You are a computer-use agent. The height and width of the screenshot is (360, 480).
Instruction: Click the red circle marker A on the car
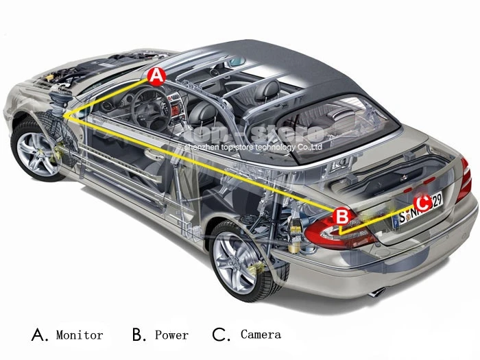coord(156,76)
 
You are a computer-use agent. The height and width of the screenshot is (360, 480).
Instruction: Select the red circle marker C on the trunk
coord(422,202)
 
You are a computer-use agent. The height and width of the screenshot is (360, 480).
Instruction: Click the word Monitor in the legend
coord(80,335)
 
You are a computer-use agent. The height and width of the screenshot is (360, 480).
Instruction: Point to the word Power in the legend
coord(171,335)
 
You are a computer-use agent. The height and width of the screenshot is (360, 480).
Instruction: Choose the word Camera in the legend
coord(261,335)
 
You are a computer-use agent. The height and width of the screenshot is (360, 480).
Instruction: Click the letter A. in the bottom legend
coord(40,335)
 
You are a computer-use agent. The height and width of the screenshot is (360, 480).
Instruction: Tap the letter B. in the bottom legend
coord(139,335)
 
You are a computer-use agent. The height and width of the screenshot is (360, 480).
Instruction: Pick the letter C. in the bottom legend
coord(221,335)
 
